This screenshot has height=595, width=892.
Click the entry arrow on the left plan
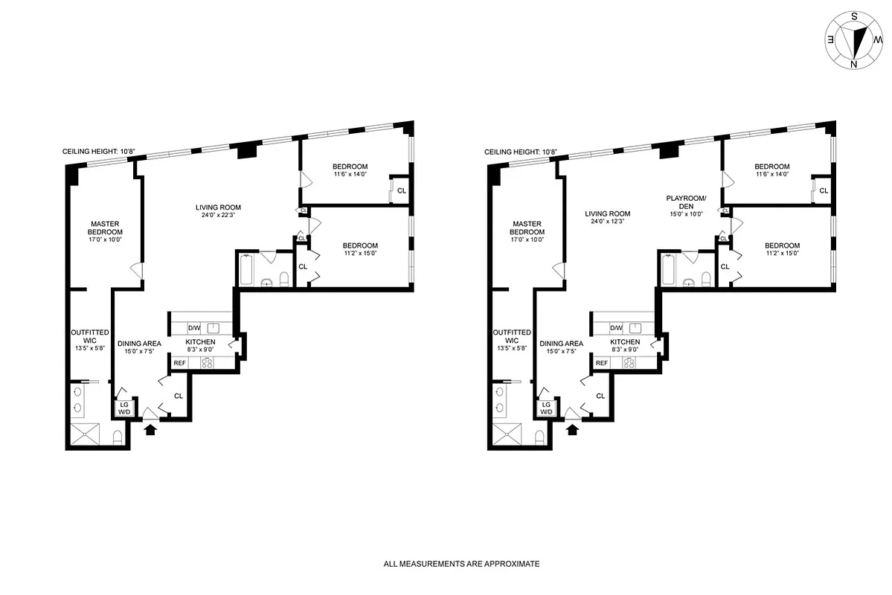tap(151, 428)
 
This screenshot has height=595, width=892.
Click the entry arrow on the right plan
tap(574, 428)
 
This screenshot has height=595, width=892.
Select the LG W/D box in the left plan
tap(123, 408)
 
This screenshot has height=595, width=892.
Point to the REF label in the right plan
tap(602, 363)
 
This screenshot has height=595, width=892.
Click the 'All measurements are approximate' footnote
tap(461, 564)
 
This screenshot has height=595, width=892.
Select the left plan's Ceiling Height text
tap(99, 152)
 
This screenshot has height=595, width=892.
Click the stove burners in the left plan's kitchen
tap(208, 363)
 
